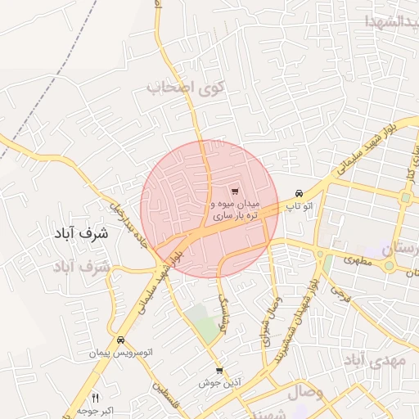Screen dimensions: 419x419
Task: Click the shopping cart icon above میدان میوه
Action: tap(236, 190)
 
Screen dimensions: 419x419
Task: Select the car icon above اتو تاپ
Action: tap(300, 193)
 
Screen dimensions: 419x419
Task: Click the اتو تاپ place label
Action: tap(300, 208)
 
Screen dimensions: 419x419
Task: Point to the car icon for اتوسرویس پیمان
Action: tap(120, 340)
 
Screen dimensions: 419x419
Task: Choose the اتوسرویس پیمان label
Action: tap(121, 353)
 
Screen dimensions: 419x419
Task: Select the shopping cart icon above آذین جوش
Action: tap(219, 371)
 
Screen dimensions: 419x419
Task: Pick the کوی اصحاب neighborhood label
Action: tap(186, 86)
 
